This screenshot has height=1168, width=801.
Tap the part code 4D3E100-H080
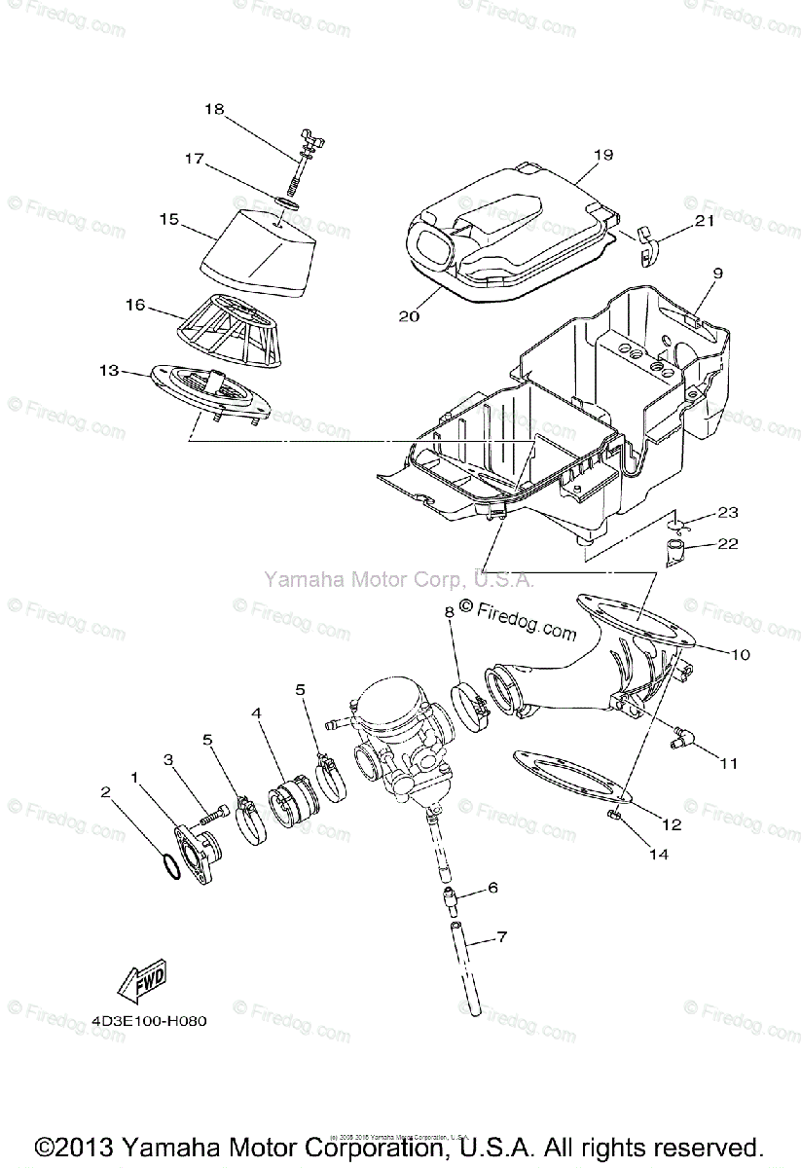point(150,1022)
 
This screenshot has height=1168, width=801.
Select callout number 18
point(213,110)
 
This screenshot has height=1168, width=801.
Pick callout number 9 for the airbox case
point(716,274)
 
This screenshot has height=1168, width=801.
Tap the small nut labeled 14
point(614,814)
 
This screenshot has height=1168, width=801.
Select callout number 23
point(729,512)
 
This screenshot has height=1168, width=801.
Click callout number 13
point(109,370)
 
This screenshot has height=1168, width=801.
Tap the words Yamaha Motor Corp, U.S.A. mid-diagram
point(397,580)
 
